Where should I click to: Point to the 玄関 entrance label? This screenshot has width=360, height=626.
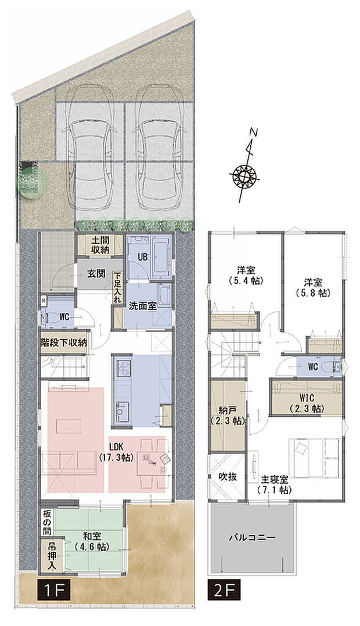pyautogui.click(x=96, y=274)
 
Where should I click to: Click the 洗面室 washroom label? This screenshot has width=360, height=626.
pyautogui.click(x=142, y=306)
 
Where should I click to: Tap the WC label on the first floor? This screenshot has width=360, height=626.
pyautogui.click(x=64, y=318)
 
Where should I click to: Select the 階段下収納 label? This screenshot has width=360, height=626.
pyautogui.click(x=63, y=343)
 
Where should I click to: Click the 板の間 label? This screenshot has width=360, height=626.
pyautogui.click(x=47, y=521)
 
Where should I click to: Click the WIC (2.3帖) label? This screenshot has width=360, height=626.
pyautogui.click(x=305, y=404)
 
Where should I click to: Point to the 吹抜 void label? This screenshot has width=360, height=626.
pyautogui.click(x=226, y=478)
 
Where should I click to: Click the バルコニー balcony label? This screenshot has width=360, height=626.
pyautogui.click(x=251, y=538)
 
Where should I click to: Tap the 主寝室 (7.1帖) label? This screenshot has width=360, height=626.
pyautogui.click(x=275, y=484)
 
